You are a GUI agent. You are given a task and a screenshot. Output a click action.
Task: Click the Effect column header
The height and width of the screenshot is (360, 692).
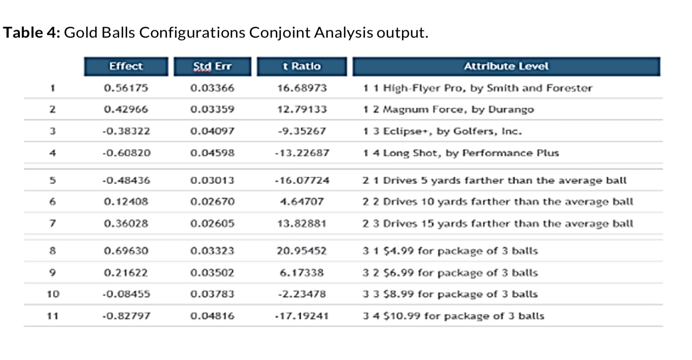point(126,67)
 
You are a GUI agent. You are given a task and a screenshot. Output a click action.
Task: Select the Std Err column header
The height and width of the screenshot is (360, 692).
point(212,67)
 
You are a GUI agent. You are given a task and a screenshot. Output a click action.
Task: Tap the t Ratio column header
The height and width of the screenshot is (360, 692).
point(302,67)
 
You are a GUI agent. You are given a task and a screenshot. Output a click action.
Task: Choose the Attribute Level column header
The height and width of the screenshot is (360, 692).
point(506,67)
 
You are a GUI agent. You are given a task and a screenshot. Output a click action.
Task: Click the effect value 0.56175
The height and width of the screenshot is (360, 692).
point(126,88)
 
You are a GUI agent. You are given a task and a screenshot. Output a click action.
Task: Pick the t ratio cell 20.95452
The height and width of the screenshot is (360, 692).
point(302,251)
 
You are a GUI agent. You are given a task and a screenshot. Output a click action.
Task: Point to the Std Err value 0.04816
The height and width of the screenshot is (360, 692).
point(212,316)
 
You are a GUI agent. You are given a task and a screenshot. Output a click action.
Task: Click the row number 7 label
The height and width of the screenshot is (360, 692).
point(52,223)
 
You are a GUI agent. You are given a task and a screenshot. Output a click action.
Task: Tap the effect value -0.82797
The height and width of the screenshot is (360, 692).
point(126,316)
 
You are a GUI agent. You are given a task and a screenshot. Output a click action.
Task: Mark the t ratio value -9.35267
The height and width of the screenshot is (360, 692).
point(302,131)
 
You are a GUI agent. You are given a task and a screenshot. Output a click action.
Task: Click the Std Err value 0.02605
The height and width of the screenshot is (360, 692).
point(212,224)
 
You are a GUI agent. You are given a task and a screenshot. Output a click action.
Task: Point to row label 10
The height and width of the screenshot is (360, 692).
point(53,294)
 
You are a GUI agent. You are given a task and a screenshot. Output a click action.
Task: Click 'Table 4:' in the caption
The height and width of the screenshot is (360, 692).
point(31,33)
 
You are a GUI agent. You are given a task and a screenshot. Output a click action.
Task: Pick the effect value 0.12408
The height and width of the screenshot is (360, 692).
point(126,202)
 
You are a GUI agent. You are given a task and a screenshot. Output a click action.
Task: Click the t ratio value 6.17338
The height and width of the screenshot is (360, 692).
point(302,273)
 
